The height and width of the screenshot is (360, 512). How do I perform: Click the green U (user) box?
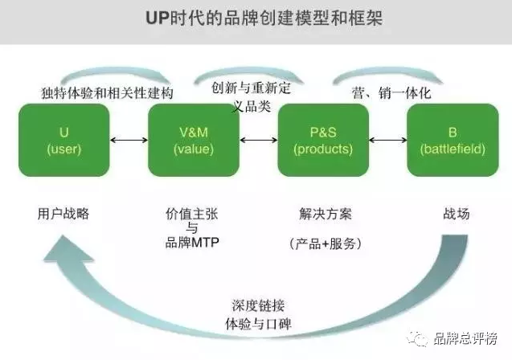tap(64, 141)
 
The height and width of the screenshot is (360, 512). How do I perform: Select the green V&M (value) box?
tap(194, 141)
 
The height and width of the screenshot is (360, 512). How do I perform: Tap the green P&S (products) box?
tap(323, 141)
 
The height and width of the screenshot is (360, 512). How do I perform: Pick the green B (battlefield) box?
tap(453, 141)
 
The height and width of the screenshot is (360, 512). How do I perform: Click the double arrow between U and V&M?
tap(129, 141)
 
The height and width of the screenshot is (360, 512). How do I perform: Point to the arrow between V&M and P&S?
tap(258, 141)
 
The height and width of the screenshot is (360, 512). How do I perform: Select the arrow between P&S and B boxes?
tap(388, 141)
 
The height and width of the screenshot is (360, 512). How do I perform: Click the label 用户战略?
tap(63, 214)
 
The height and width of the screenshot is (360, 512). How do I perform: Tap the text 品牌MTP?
tap(192, 243)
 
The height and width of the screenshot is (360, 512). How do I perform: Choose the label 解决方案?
tap(326, 214)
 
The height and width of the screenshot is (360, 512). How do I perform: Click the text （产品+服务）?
tap(326, 243)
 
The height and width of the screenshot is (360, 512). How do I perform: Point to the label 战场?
tap(457, 214)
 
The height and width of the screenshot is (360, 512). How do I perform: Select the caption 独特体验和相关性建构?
tap(107, 93)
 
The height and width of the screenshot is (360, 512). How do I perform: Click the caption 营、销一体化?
tap(391, 93)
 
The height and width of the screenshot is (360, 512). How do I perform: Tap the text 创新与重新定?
tap(251, 88)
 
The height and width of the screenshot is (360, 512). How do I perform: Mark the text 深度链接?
tap(258, 306)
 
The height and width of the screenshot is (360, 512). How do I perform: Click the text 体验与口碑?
tap(258, 324)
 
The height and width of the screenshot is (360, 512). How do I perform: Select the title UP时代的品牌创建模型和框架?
tap(264, 18)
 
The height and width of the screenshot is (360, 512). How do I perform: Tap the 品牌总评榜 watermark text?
tap(465, 338)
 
